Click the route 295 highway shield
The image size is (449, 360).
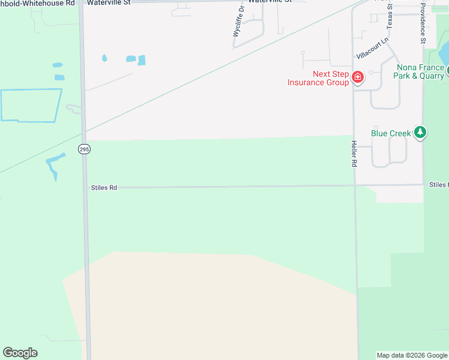click(x=84, y=148)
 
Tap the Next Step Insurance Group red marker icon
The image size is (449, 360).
click(x=358, y=77)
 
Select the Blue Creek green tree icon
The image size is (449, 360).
click(x=421, y=133)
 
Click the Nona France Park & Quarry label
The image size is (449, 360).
click(x=418, y=71)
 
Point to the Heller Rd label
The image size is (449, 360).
click(x=354, y=154)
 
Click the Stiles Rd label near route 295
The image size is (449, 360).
click(x=104, y=188)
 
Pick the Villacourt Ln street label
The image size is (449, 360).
click(x=372, y=47)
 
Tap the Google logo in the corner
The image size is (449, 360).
click(x=20, y=353)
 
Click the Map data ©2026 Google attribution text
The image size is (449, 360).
click(x=412, y=355)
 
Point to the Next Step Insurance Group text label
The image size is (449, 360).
click(x=318, y=79)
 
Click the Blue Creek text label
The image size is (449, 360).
click(x=391, y=133)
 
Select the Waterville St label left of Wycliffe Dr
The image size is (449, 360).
click(x=109, y=3)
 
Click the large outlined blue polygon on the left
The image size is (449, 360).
click(x=30, y=105)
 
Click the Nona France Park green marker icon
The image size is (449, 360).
click(x=447, y=70)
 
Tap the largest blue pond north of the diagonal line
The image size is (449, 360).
click(x=142, y=60)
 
